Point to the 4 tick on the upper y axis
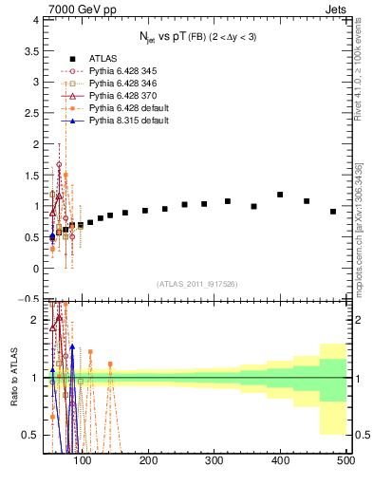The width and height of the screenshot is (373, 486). click(35, 20)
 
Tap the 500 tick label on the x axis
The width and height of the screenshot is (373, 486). click(345, 461)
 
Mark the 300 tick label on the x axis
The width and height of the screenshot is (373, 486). click(214, 461)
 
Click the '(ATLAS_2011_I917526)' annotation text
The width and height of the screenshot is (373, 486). click(196, 284)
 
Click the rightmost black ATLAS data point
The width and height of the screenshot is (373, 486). click(333, 212)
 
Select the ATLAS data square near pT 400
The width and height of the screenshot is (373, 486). click(280, 195)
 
